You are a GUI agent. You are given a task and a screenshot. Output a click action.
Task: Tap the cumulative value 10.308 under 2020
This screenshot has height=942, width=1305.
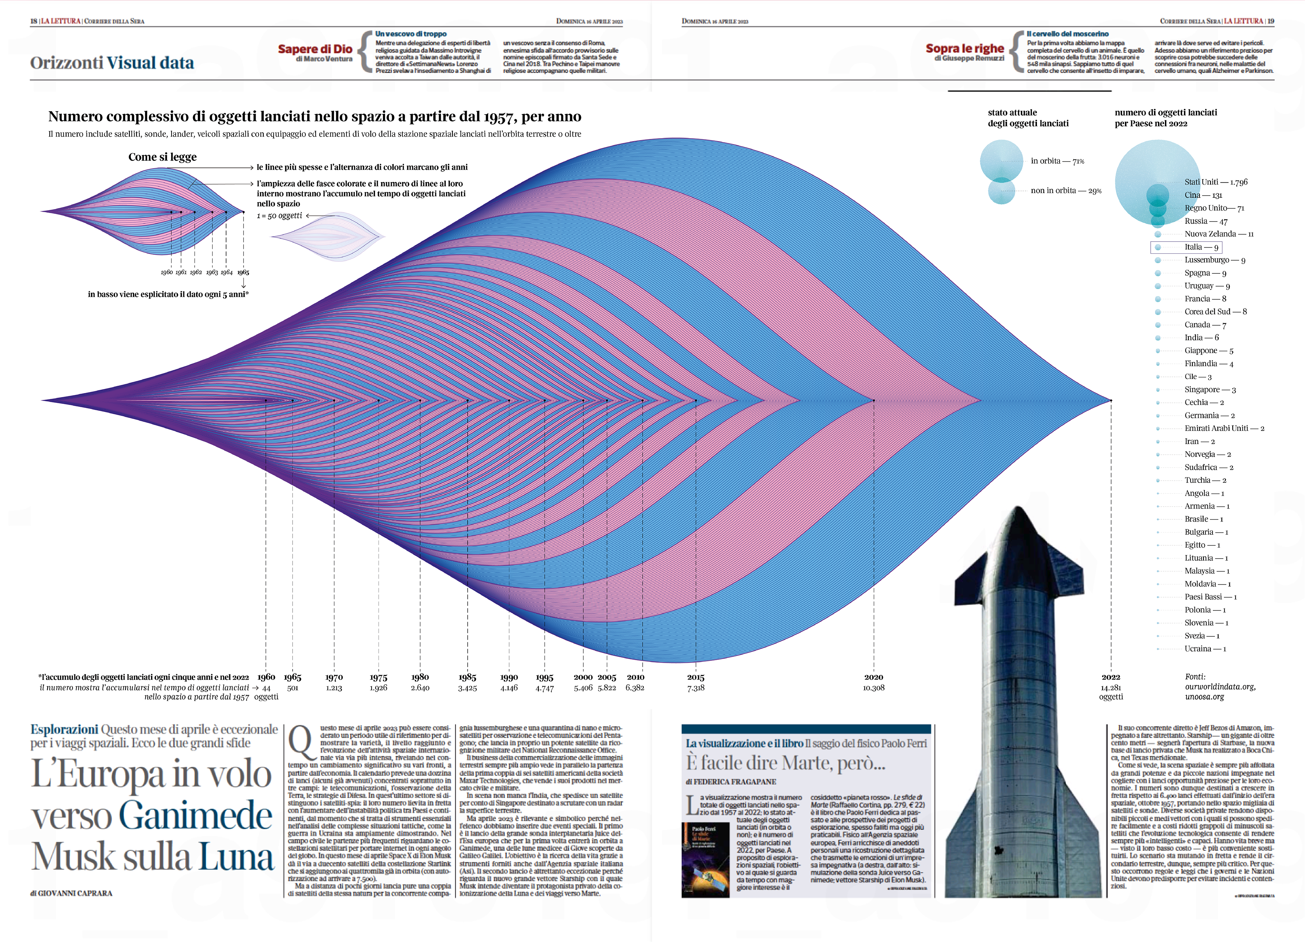coord(873,688)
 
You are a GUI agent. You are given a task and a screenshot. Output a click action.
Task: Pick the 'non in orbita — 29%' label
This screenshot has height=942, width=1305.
coord(1066,191)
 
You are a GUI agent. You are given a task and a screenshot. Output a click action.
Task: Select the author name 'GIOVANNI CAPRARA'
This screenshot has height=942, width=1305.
coord(75,893)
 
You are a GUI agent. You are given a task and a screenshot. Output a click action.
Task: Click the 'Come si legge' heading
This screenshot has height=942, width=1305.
coord(162,157)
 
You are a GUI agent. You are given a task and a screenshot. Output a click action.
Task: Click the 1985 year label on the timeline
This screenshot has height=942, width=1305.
coord(467,677)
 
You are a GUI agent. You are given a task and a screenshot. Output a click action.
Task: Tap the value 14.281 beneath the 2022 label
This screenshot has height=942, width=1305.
coord(1110,688)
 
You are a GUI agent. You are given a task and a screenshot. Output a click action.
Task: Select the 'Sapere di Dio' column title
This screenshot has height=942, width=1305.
coord(315,49)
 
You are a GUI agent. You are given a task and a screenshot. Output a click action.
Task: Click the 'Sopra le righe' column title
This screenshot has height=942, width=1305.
coord(964,49)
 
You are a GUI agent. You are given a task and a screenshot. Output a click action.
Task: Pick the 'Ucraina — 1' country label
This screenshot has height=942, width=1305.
coord(1205,649)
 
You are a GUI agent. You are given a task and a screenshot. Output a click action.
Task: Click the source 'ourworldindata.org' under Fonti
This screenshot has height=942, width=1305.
coord(1220,686)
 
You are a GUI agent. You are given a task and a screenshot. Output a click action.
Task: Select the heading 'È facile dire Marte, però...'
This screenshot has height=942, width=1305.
coord(785,764)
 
